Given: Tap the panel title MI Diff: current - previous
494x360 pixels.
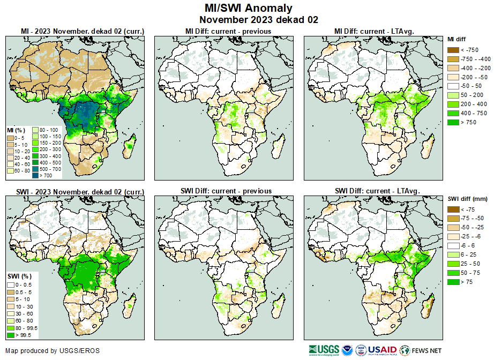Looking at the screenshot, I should click(228, 31).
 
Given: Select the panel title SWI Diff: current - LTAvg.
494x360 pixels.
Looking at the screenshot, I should click(377, 191).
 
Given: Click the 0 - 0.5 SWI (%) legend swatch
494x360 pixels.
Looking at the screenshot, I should click(11, 284).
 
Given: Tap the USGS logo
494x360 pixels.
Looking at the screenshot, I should click(324, 350).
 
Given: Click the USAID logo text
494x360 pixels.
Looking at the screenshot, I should click(381, 349).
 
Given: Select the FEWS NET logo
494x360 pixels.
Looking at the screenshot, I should click(423, 350).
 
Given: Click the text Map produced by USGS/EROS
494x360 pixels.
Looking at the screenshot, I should click(53, 351).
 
